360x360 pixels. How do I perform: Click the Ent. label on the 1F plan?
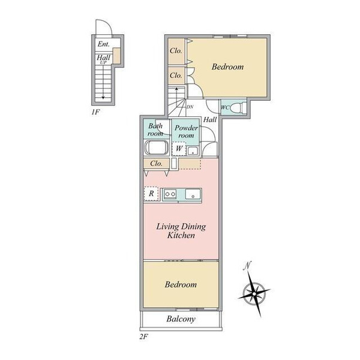tap(103, 44)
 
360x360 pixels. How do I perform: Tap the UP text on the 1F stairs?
tap(103, 62)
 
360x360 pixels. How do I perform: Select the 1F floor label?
tap(95, 112)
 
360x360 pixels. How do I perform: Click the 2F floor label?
tap(144, 337)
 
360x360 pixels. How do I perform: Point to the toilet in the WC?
tap(238, 107)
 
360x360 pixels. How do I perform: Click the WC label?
tap(225, 107)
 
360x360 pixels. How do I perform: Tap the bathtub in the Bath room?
tap(157, 148)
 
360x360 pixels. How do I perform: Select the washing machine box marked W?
tap(179, 149)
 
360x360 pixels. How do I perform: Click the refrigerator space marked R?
tap(151, 194)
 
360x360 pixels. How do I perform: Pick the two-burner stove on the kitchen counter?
tap(170, 194)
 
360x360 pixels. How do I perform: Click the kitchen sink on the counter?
tap(193, 194)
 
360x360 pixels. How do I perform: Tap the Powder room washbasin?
tap(193, 151)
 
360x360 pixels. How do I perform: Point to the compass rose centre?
tap(254, 294)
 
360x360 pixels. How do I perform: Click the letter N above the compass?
tap(247, 265)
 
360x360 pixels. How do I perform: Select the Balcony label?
tap(181, 319)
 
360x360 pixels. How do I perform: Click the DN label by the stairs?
tap(190, 107)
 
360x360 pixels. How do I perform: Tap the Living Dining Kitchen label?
tap(181, 231)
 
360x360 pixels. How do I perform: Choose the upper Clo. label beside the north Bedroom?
tap(176, 50)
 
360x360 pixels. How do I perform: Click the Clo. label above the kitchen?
tap(157, 163)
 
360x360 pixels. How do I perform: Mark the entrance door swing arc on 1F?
tap(107, 23)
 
